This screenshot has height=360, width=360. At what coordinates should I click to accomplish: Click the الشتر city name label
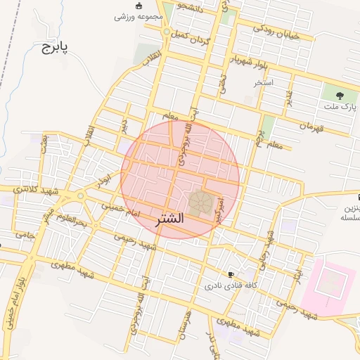(167, 218)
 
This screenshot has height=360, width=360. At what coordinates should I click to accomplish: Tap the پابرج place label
(53, 48)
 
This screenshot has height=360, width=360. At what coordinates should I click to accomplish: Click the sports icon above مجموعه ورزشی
(139, 6)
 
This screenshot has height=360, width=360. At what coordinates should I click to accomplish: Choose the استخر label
(264, 82)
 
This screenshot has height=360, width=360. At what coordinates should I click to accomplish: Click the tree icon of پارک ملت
(340, 94)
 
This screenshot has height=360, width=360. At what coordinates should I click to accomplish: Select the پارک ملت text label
(340, 106)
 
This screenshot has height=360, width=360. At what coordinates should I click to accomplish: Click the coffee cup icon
(231, 274)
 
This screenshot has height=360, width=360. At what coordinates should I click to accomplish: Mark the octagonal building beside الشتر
(200, 202)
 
